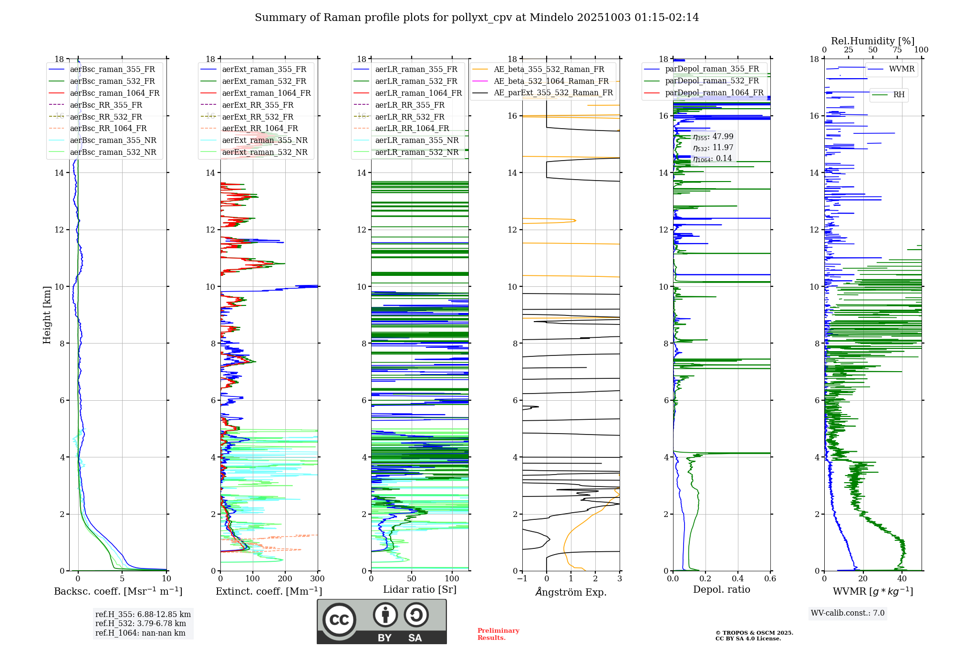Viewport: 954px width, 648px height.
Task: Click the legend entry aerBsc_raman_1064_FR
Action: (x=114, y=93)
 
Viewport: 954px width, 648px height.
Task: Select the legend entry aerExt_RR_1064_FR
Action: (x=259, y=128)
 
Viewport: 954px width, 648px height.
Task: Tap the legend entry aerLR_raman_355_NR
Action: (x=416, y=140)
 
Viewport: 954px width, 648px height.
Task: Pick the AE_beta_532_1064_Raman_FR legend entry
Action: (x=551, y=81)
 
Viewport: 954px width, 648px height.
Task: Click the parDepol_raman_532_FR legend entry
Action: (x=712, y=81)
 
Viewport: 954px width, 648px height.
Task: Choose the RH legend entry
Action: (x=899, y=95)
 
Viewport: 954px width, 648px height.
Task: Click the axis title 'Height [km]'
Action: (x=47, y=314)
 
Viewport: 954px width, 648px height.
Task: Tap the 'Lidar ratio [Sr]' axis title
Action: (x=420, y=589)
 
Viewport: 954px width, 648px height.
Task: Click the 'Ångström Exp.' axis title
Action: (x=571, y=592)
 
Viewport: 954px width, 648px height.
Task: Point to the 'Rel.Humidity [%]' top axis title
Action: (x=872, y=41)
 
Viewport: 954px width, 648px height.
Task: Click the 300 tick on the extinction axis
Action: (x=317, y=579)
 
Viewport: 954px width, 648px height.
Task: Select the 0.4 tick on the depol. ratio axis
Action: (x=737, y=579)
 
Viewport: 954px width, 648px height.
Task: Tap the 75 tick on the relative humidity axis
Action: (x=897, y=50)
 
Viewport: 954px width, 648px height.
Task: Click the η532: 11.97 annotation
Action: (x=713, y=148)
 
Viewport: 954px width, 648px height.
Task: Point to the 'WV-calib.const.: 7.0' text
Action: (x=848, y=613)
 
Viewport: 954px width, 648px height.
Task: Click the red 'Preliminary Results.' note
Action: (x=498, y=634)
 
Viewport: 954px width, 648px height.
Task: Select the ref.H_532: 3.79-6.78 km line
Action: (x=140, y=624)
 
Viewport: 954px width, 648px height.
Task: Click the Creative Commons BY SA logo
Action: (x=382, y=621)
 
